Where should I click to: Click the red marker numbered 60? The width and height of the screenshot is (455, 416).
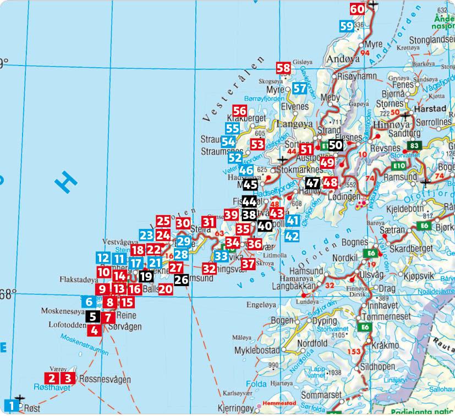357,9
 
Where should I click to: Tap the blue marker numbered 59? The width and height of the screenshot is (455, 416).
347,26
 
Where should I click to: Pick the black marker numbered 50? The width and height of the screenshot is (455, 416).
336,145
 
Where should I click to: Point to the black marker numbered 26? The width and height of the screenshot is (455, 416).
182,280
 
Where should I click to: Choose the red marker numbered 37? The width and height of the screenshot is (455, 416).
248,263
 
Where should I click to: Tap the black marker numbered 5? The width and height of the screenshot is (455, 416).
93,316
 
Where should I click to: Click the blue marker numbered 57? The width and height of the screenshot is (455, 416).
300,88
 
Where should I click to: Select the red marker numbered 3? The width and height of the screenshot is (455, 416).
68,378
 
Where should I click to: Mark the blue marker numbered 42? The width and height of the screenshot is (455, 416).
292,236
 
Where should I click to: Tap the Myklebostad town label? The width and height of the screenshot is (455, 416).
257,350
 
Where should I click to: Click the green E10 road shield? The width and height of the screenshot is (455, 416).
398,165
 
